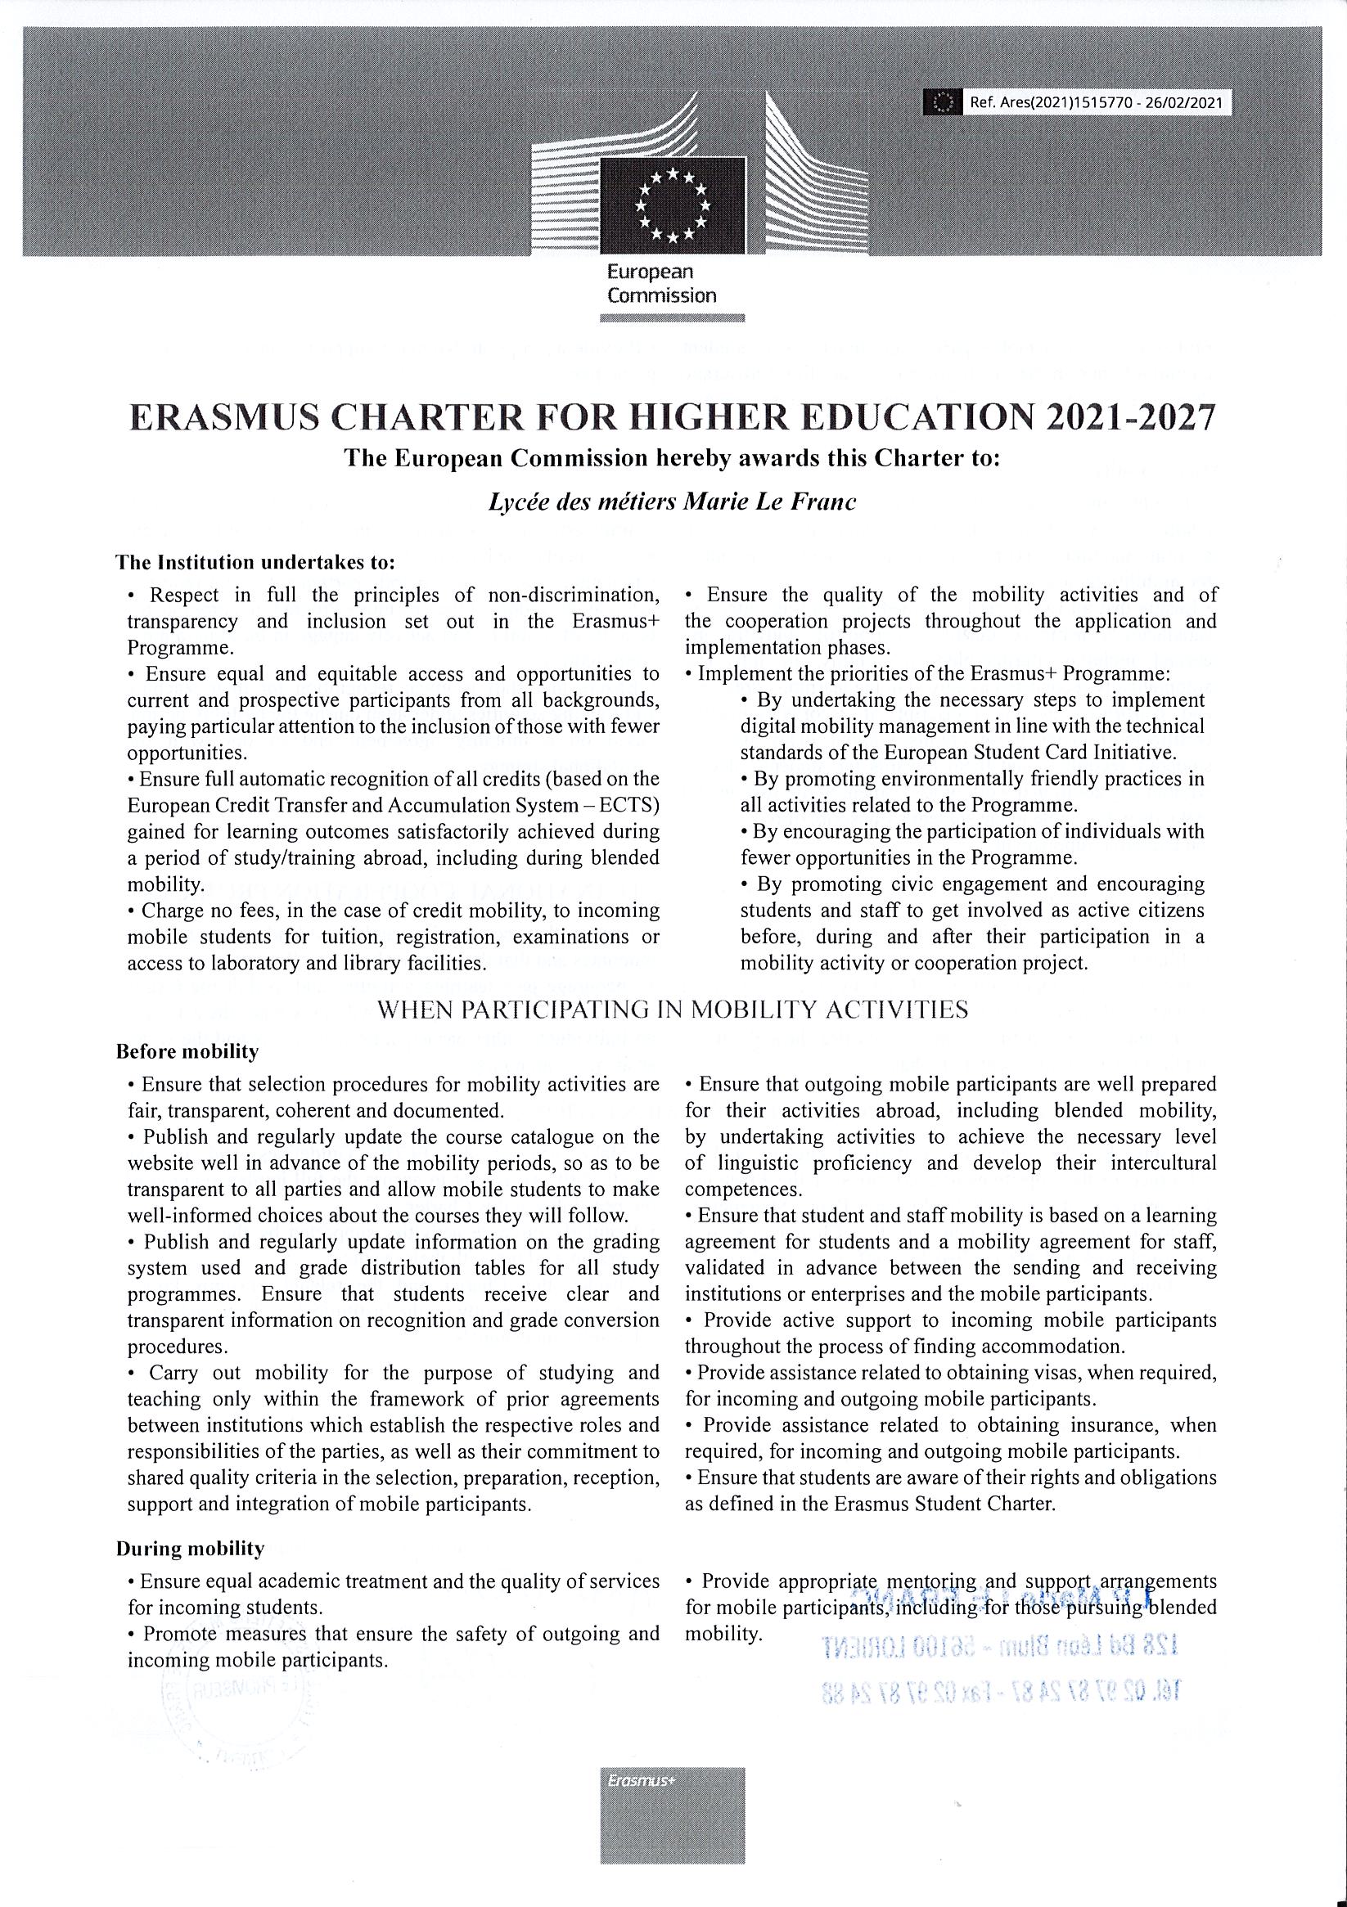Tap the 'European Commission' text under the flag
pos(661,283)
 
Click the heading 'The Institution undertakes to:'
pos(255,561)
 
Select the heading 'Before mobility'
pos(187,1051)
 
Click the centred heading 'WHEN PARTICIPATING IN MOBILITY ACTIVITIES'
pos(672,1010)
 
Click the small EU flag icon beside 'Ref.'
pos(942,103)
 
